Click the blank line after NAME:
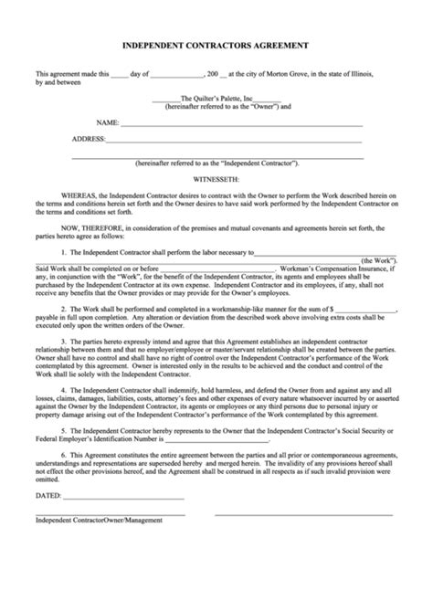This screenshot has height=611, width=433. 242,123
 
